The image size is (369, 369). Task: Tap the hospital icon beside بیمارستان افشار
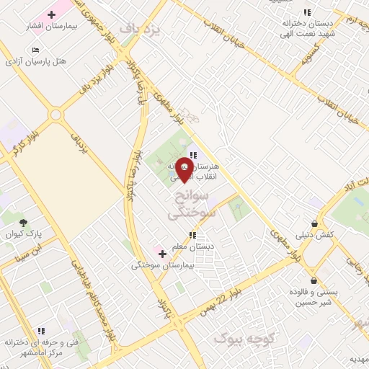point(51,14)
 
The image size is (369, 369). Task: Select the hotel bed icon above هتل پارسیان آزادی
point(36,50)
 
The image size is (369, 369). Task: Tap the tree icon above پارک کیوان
point(23,223)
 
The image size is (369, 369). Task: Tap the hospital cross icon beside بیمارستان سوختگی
point(162,254)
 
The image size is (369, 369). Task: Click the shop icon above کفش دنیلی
point(314,223)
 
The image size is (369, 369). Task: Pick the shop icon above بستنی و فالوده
point(314,280)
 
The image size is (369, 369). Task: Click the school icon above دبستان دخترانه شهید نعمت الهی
point(307,12)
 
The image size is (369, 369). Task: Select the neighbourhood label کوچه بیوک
point(241,337)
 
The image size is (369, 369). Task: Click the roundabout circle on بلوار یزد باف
point(55,115)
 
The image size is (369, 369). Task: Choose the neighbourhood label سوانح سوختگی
point(190,205)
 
